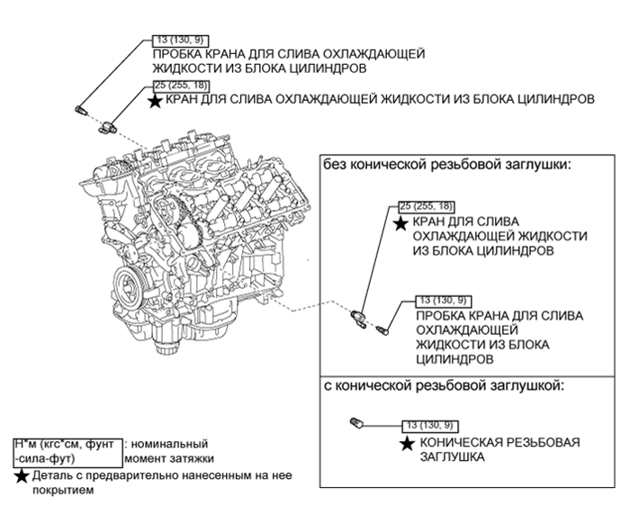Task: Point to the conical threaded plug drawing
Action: click(x=355, y=421)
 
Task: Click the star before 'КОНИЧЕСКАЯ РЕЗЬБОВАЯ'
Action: click(x=408, y=443)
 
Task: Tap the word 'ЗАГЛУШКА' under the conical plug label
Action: click(x=451, y=456)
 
